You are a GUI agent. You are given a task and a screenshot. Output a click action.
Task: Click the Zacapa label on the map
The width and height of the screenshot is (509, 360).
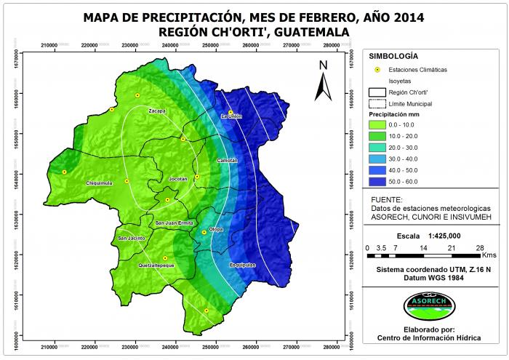pos(157,111)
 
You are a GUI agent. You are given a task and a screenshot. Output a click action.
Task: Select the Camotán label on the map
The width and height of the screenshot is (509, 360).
pos(227,159)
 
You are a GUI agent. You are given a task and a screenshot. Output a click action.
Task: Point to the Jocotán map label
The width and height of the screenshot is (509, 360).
pos(178,178)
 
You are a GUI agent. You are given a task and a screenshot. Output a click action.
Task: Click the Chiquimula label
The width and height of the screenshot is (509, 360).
pos(100,183)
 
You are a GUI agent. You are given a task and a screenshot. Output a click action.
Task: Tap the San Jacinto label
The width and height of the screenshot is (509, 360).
pos(132,239)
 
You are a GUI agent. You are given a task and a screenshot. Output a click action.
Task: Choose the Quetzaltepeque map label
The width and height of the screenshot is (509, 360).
pos(156,266)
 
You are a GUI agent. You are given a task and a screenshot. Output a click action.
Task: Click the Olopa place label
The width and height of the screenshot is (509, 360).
pos(215,229)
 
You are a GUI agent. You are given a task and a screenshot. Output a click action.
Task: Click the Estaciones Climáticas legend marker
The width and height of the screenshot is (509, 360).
pos(377,69)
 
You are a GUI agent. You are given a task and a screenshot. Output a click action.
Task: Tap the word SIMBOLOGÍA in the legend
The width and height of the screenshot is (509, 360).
pos(393,56)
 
